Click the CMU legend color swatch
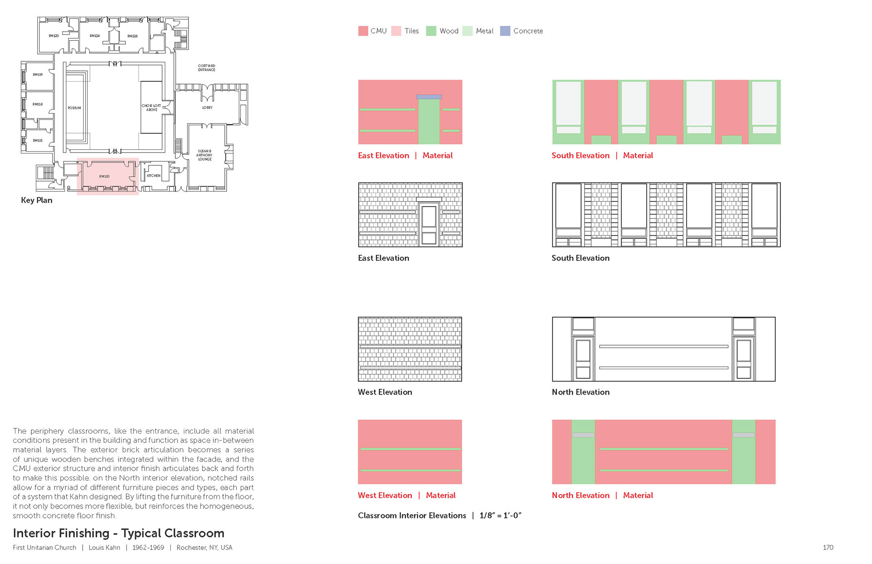pyautogui.click(x=363, y=31)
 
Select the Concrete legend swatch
pyautogui.click(x=505, y=31)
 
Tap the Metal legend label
pyautogui.click(x=485, y=31)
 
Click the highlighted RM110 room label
pyautogui.click(x=104, y=176)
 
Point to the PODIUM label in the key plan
pyautogui.click(x=74, y=108)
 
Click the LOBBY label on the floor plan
pyautogui.click(x=208, y=108)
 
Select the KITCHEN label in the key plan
pyautogui.click(x=154, y=176)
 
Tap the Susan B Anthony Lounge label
pyautogui.click(x=205, y=155)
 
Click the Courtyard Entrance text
pyautogui.click(x=207, y=68)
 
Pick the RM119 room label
pyautogui.click(x=38, y=74)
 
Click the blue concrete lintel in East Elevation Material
pyautogui.click(x=429, y=97)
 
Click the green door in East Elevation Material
pyautogui.click(x=429, y=122)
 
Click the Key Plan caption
pyautogui.click(x=36, y=200)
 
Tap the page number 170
pyautogui.click(x=828, y=547)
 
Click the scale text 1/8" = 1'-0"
pyautogui.click(x=500, y=515)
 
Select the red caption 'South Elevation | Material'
pyautogui.click(x=602, y=155)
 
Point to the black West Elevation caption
pyautogui.click(x=385, y=392)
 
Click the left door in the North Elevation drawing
pyautogui.click(x=583, y=358)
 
